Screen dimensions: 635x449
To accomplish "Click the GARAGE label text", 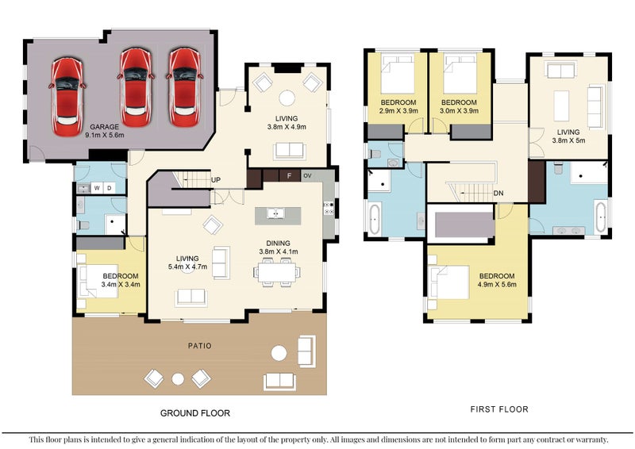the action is point(105,127).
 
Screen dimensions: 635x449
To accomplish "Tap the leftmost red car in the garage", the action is point(67,97).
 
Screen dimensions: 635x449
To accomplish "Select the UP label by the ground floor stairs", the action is point(216,180).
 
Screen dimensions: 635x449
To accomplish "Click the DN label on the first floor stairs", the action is point(498,193).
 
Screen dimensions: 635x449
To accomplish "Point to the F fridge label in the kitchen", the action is point(289,176).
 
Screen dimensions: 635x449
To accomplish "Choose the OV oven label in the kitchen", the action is point(307,176).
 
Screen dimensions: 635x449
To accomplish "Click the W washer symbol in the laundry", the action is point(97,188).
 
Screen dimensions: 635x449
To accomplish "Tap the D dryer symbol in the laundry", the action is point(110,188).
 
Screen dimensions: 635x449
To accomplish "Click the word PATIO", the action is point(200,346).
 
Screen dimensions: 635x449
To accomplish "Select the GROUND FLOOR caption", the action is point(195,413).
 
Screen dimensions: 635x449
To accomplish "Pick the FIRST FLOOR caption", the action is point(499,409).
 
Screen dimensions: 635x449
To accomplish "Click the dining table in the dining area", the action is point(277,272).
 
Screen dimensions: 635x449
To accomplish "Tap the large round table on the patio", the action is point(279,353).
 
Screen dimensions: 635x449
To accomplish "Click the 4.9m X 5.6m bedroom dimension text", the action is point(497,284).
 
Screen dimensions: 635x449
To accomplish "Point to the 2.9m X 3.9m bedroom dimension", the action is point(398,110).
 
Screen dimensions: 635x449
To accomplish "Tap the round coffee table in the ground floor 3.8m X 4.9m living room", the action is point(287,98).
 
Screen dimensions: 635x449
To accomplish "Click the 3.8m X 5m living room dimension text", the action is point(568,140).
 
